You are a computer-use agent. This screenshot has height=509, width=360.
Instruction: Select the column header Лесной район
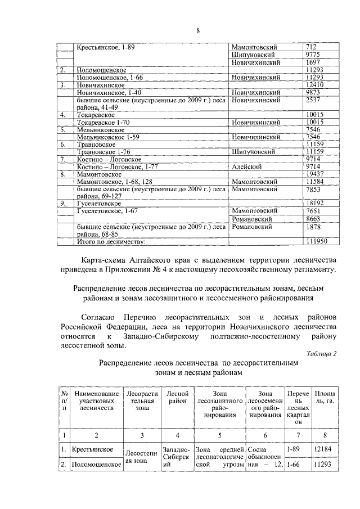pos(177,398)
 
